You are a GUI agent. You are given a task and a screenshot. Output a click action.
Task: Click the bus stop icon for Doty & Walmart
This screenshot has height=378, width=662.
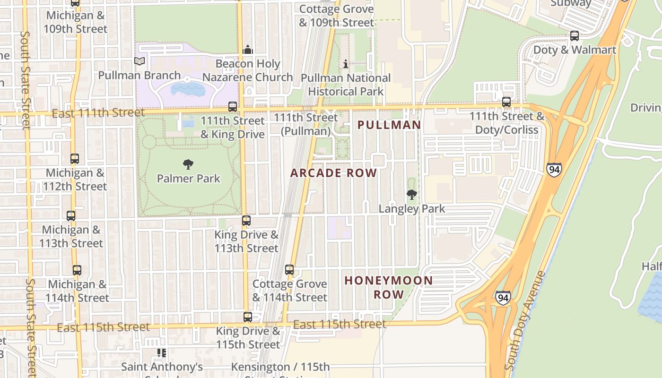click(x=575, y=35)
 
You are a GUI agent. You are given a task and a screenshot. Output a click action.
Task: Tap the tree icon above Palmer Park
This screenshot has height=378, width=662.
click(x=188, y=164)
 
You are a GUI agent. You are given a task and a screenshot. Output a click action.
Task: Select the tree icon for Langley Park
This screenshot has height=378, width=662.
click(x=412, y=194)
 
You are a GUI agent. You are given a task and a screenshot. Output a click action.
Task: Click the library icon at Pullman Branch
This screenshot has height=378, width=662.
click(x=139, y=61)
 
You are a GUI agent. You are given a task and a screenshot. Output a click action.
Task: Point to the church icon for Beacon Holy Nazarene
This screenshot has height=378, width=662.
click(x=248, y=50)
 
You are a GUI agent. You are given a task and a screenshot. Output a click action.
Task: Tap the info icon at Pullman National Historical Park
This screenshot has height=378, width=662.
click(x=346, y=64)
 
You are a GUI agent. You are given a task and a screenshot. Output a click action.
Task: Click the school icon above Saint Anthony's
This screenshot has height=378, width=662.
click(x=162, y=353)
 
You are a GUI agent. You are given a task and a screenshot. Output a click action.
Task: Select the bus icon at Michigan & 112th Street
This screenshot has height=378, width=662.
click(x=75, y=159)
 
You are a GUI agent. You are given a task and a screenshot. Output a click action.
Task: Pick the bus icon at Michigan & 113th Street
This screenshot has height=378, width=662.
click(x=71, y=216)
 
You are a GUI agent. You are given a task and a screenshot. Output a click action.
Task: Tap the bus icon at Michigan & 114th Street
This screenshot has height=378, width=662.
click(x=77, y=270)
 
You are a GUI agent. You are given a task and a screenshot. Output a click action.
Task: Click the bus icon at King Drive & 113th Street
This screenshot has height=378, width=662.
click(x=246, y=221)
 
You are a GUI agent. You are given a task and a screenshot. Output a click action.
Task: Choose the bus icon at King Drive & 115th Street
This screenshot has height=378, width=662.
click(x=248, y=317)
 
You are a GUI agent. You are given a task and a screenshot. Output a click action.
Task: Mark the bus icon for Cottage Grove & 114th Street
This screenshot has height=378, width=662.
click(x=289, y=270)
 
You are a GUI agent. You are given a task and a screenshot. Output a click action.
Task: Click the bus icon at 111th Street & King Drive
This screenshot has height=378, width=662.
click(x=233, y=107)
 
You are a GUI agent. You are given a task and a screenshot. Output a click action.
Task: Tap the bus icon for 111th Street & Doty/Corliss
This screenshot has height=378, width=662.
click(x=506, y=102)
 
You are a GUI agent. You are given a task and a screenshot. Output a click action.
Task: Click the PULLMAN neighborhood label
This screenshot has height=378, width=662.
click(x=389, y=125)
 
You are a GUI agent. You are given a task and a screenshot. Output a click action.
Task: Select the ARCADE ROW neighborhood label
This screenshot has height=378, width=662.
click(x=333, y=173)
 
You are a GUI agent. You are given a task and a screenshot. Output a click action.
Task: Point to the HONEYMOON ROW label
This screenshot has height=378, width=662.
click(x=389, y=287)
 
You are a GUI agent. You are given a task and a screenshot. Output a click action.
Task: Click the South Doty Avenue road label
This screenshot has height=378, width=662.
click(x=525, y=321)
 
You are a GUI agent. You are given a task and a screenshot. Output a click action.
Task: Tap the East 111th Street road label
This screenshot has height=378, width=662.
click(x=98, y=113)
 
